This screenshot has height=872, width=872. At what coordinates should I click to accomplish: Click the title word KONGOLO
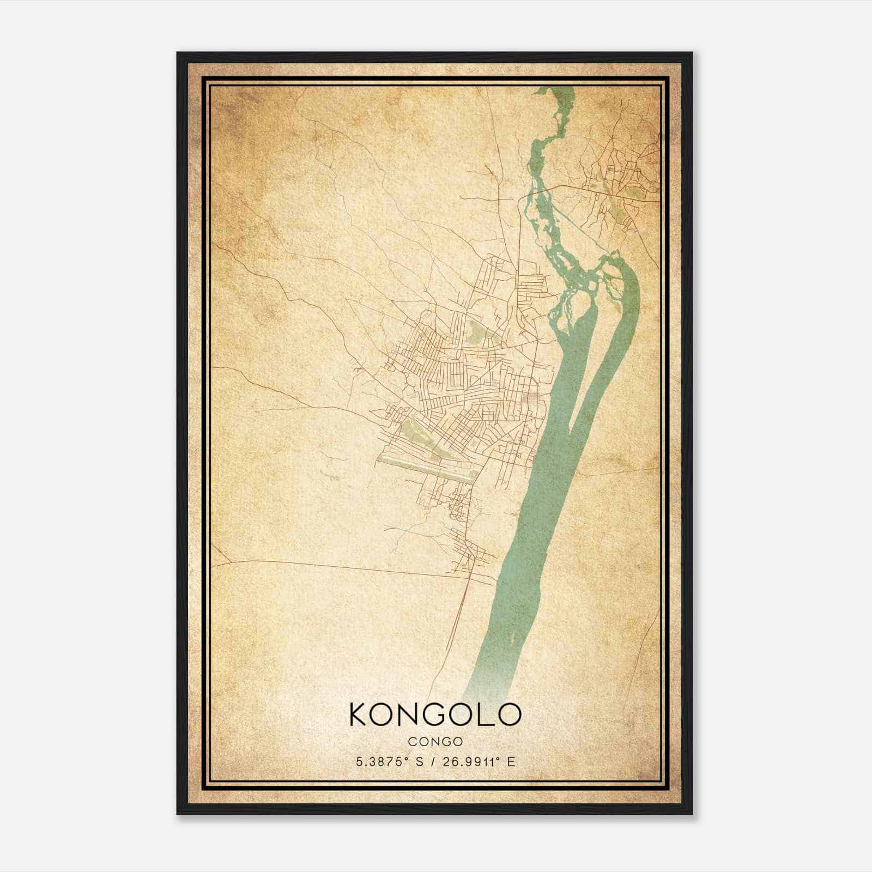pyautogui.click(x=435, y=714)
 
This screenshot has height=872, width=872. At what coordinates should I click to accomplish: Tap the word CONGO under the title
pyautogui.click(x=435, y=742)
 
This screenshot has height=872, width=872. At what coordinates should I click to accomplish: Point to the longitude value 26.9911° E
pyautogui.click(x=479, y=762)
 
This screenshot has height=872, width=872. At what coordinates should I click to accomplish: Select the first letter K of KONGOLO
pyautogui.click(x=360, y=714)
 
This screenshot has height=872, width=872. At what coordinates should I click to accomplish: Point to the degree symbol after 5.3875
pyautogui.click(x=410, y=759)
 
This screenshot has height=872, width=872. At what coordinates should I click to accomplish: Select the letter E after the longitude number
pyautogui.click(x=511, y=762)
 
